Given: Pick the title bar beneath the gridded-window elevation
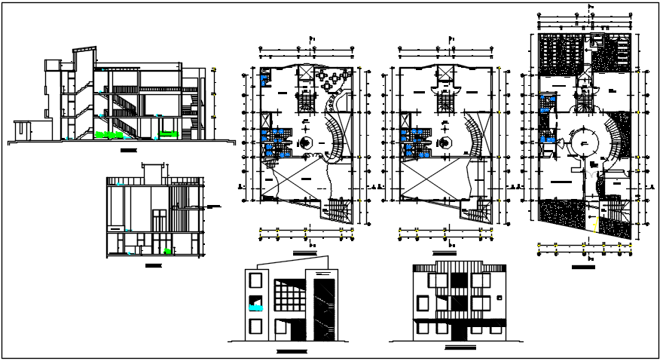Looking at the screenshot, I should [292, 352].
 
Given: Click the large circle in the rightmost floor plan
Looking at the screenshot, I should [582, 141].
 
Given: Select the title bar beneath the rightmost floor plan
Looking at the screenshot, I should [582, 267].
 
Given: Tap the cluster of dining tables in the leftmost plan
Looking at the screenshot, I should [331, 78].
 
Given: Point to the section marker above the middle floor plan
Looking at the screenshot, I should [451, 36].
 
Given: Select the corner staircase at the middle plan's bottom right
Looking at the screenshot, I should [478, 210].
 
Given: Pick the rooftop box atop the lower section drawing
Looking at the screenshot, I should [155, 170].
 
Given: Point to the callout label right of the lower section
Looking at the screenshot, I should [213, 206].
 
